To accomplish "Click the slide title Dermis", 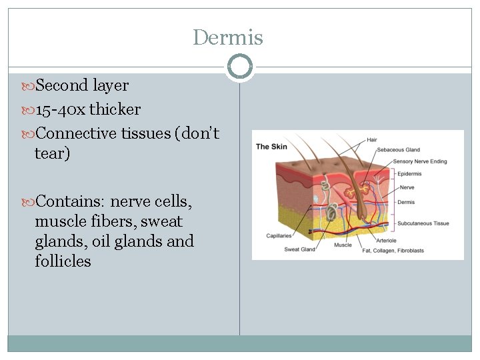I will click(228, 37).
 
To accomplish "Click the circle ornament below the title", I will click(239, 67).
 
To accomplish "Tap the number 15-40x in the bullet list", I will click(60, 109).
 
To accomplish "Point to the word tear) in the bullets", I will click(52, 153).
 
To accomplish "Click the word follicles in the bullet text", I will click(63, 261).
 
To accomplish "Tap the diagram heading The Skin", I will click(272, 146).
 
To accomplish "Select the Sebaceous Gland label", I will click(399, 150).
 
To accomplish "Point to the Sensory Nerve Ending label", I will click(420, 161).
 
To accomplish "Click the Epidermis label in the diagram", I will click(409, 174).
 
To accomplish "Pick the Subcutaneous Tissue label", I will click(423, 223).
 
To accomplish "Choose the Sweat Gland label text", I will click(300, 250).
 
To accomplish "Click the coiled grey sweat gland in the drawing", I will click(331, 213).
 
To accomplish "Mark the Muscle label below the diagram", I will click(343, 245).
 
